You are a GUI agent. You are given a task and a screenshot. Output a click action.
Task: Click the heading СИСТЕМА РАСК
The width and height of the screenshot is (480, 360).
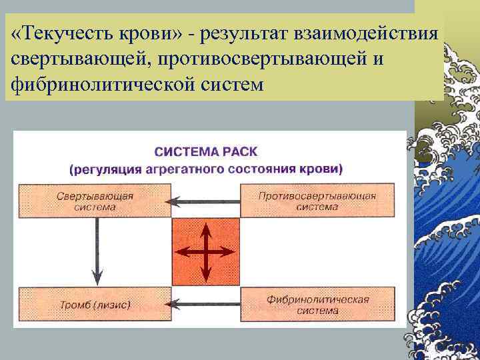click(x=205, y=151)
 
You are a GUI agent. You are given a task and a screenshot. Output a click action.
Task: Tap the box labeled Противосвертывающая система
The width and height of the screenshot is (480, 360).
click(x=316, y=201)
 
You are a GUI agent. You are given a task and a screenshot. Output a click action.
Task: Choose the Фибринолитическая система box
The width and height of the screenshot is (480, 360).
click(x=316, y=305)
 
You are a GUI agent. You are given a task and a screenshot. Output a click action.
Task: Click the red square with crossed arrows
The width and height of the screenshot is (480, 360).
click(x=206, y=252)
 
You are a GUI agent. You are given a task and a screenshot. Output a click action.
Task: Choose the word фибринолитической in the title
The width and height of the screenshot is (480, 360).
click(x=99, y=85)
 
